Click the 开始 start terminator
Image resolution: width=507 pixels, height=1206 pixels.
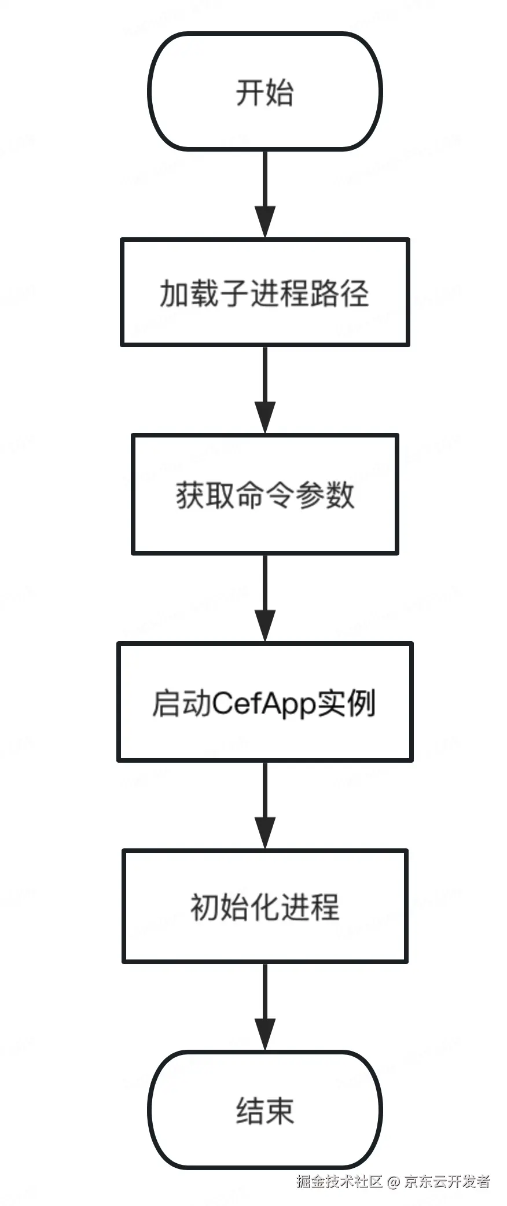[x=265, y=91]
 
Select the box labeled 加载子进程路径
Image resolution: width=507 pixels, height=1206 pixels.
[x=265, y=292]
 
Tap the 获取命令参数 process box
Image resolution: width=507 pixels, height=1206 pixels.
[x=265, y=494]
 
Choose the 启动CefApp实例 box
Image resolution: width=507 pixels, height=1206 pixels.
[x=265, y=701]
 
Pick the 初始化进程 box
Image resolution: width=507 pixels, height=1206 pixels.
[x=265, y=906]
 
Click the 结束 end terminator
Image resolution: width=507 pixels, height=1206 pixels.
[x=265, y=1110]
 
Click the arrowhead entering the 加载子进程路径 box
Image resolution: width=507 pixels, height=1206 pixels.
[x=265, y=222]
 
